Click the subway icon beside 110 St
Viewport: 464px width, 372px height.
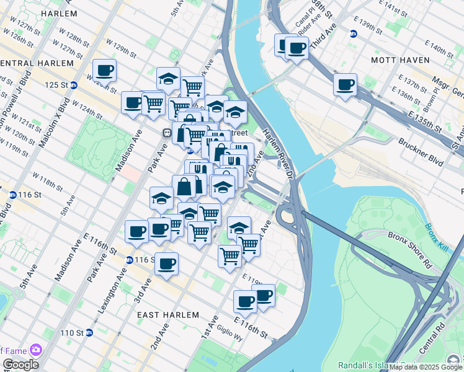(x=89, y=333)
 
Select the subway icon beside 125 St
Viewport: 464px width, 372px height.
(x=74, y=85)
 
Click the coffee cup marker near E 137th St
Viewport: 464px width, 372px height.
(x=345, y=84)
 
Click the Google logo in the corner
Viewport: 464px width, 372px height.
(x=20, y=365)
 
